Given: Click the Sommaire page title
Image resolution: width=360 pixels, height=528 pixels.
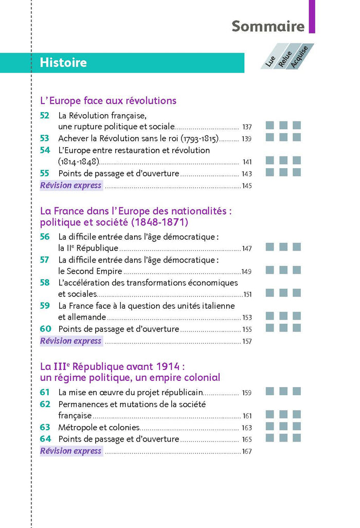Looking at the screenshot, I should (x=268, y=26).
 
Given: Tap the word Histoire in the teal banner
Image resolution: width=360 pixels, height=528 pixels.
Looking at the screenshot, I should (x=63, y=63).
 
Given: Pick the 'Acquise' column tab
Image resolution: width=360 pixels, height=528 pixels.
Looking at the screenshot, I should (x=299, y=57).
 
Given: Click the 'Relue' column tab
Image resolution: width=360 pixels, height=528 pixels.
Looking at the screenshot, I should (x=284, y=59).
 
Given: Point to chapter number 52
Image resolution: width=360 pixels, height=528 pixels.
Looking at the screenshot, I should (x=45, y=116).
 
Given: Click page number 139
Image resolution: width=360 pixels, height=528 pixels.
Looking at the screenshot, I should (x=246, y=139).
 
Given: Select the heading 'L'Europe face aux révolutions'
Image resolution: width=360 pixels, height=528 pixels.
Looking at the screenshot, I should (x=108, y=101).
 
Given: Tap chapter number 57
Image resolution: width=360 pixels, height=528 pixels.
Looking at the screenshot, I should (x=45, y=260).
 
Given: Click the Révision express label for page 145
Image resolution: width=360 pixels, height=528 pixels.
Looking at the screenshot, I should (x=71, y=185).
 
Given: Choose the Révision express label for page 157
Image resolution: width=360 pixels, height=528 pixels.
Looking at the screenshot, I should (x=71, y=341).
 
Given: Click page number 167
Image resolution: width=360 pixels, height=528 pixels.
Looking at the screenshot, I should (x=246, y=451).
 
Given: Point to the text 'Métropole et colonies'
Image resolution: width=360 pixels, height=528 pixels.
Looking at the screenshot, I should (x=99, y=427).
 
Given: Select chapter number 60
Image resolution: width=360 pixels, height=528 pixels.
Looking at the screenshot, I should (x=45, y=328).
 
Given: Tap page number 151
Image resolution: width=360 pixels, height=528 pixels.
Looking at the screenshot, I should (x=247, y=295).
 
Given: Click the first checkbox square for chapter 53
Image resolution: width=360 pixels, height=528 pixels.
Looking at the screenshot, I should (x=269, y=137).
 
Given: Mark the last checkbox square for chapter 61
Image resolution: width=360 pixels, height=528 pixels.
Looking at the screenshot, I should (x=297, y=392).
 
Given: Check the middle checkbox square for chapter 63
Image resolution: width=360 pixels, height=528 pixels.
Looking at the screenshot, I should (x=283, y=426).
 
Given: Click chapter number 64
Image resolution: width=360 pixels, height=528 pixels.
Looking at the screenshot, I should (x=45, y=439).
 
